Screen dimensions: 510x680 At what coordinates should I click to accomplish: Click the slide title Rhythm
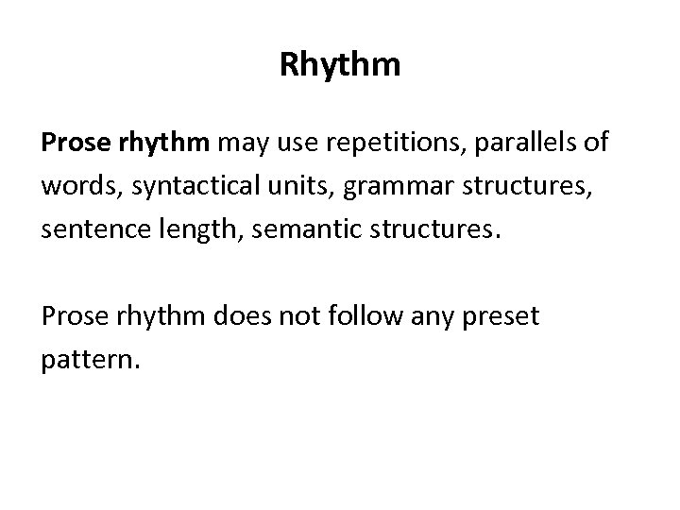point(340,65)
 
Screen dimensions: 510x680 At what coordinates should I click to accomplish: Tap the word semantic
point(295,229)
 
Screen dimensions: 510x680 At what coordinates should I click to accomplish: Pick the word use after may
point(285,144)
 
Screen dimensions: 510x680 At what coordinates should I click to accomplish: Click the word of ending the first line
point(597,144)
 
